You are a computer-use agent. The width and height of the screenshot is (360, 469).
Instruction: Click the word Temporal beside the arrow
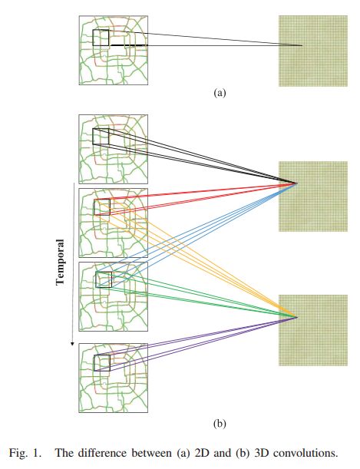coord(60,262)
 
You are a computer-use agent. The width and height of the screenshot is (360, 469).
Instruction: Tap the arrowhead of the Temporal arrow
coord(72,344)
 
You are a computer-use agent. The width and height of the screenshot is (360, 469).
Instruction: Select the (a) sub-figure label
coord(220,93)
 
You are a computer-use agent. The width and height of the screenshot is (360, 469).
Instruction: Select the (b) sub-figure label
coord(220,424)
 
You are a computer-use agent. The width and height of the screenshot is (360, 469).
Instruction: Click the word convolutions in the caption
coord(306,453)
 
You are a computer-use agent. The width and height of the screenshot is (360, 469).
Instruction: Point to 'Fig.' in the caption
coord(18,453)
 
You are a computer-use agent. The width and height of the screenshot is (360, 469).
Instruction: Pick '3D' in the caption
coord(261,453)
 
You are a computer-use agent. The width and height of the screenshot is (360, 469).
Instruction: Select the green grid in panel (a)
coord(313,51)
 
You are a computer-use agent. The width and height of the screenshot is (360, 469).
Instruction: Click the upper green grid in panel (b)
coord(313,197)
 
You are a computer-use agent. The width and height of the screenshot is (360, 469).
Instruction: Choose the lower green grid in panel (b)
coord(313,330)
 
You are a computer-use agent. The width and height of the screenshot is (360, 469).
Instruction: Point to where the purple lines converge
coord(298,317)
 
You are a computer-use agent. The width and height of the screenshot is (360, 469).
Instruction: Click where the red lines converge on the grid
coord(297,183)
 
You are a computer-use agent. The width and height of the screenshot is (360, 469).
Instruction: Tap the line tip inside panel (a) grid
coord(302,45)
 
